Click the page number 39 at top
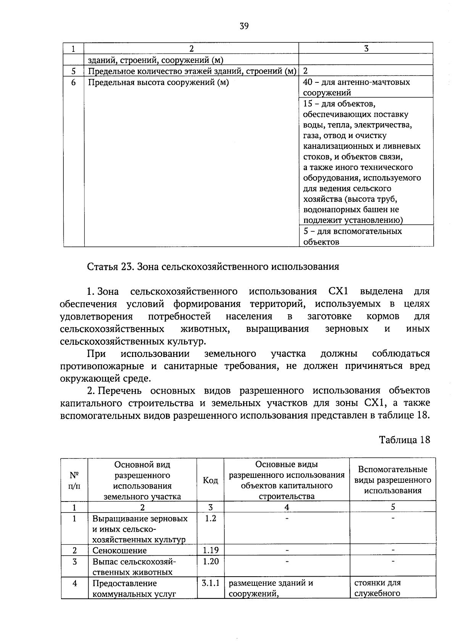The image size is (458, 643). point(244,26)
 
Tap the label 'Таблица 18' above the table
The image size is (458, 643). point(404,440)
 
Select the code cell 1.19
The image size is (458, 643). point(210,550)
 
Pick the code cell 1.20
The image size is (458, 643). point(210,561)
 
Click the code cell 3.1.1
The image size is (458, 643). point(210,583)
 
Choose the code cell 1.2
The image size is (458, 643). point(210,518)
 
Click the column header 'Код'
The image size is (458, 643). point(210,480)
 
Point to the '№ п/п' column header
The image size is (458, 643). point(74,480)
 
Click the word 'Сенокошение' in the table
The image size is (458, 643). point(119,550)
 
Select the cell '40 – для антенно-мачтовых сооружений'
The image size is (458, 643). point(356,87)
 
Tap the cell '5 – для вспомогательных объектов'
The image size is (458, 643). point(352,236)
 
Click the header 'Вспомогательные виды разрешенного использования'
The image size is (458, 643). point(393,480)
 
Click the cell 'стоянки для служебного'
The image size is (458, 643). point(377,588)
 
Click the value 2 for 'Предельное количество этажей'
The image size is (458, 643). point(306,71)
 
